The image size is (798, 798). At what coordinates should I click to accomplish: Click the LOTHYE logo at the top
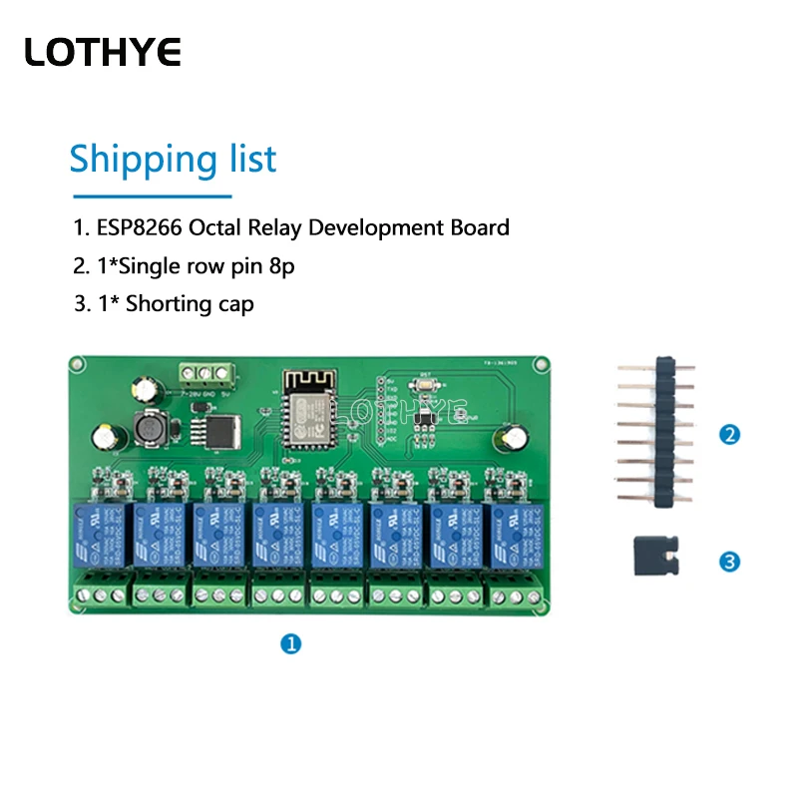point(103,52)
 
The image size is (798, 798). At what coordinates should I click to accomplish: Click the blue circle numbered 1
point(290,644)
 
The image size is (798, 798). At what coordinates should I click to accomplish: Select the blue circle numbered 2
point(730,435)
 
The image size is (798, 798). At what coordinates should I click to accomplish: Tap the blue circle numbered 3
point(730,563)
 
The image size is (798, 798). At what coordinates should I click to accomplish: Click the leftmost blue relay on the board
point(98,538)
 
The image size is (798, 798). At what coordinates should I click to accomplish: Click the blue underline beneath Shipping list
point(151,197)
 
